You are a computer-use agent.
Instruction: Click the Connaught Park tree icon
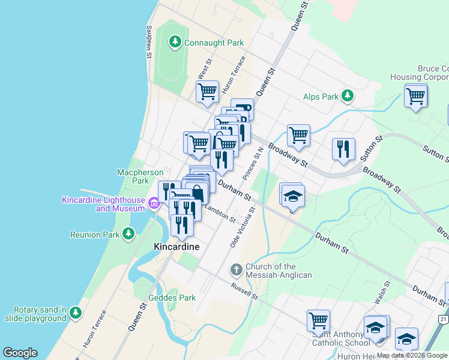pyautogui.click(x=175, y=42)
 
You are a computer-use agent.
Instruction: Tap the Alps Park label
pyautogui.click(x=321, y=96)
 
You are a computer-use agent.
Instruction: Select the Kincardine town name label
pyautogui.click(x=176, y=247)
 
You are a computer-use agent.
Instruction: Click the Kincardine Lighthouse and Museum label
pyautogui.click(x=103, y=203)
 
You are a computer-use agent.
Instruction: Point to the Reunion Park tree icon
pyautogui.click(x=128, y=233)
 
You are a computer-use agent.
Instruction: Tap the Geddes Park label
pyautogui.click(x=172, y=298)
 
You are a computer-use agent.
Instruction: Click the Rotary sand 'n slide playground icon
pyautogui.click(x=75, y=313)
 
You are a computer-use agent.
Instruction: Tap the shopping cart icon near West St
pyautogui.click(x=207, y=92)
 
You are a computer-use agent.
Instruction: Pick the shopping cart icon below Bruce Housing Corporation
pyautogui.click(x=415, y=95)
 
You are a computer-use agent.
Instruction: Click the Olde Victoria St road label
pyautogui.click(x=243, y=227)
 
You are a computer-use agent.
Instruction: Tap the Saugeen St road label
pyautogui.click(x=149, y=41)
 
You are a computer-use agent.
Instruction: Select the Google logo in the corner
pyautogui.click(x=20, y=353)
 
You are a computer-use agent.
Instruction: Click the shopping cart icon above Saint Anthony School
pyautogui.click(x=318, y=320)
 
